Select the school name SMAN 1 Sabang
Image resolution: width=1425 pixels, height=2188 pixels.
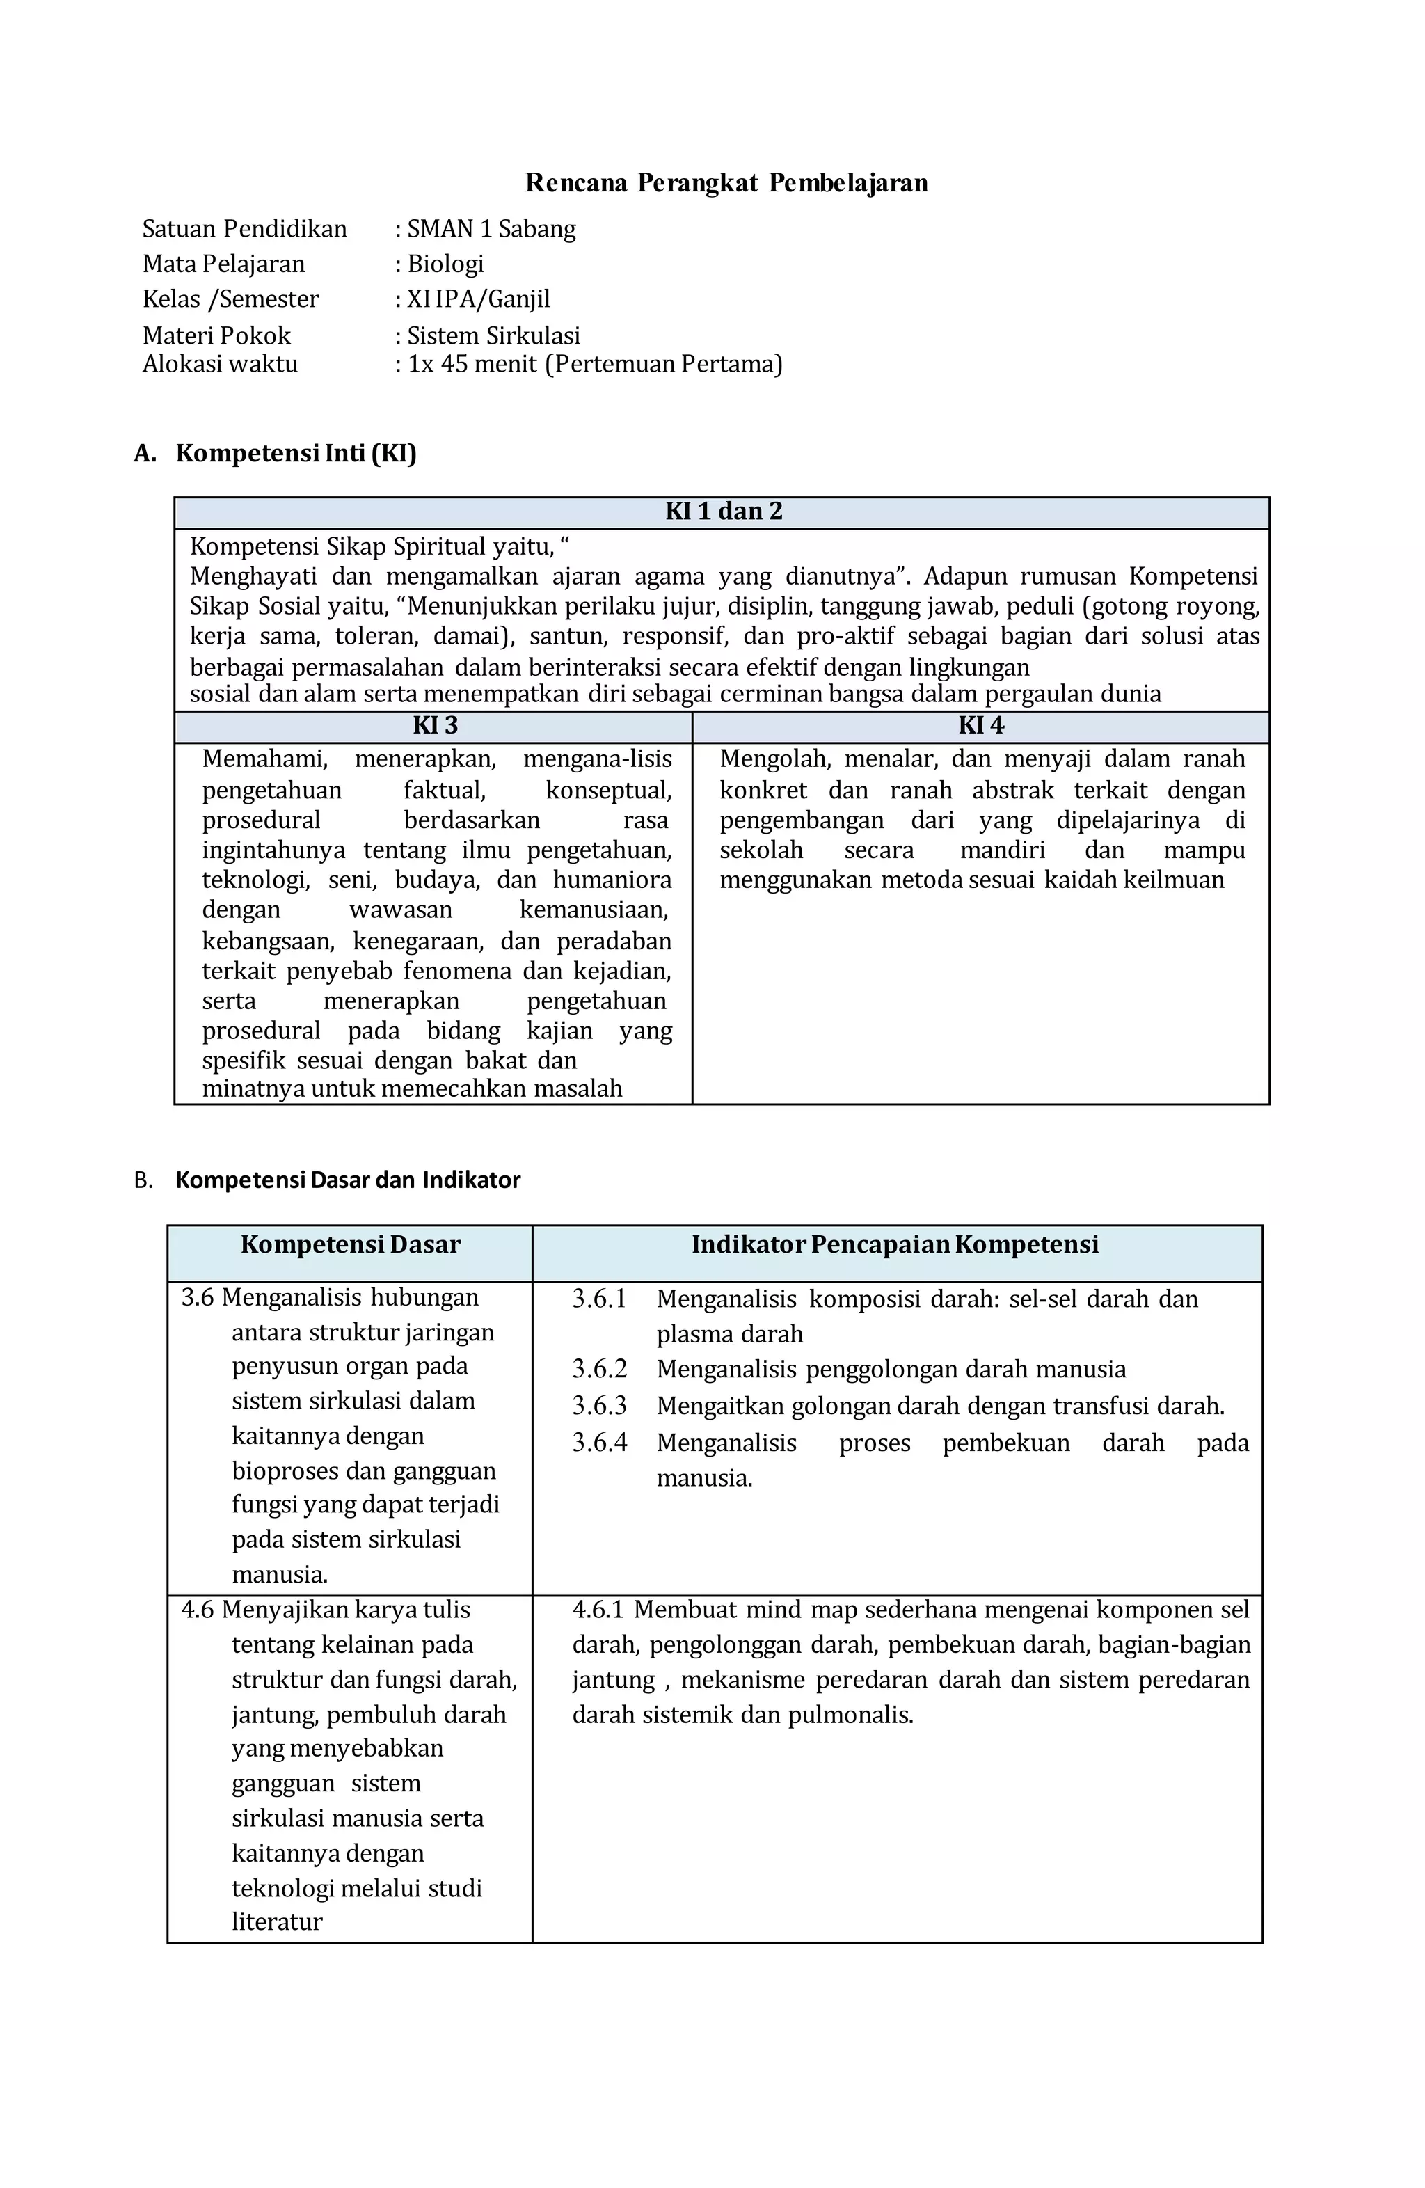coord(491,229)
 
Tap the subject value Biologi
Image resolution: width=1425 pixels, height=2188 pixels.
coord(445,264)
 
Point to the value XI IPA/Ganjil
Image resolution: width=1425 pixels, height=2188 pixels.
coord(478,299)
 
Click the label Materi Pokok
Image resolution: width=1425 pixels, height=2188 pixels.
coord(216,335)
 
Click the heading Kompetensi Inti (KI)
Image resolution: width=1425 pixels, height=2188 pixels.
coord(295,453)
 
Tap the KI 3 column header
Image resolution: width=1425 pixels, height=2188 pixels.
coord(435,725)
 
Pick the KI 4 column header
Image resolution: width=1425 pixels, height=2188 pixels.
coord(981,725)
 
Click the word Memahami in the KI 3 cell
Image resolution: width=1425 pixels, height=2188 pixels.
coord(264,759)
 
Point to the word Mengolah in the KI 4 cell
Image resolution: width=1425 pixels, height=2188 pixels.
coord(774,759)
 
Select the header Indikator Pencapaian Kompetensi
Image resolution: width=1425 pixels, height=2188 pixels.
coord(895,1245)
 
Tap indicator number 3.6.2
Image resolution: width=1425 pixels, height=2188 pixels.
coord(599,1369)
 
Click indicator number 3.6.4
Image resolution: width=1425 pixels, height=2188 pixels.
coord(599,1443)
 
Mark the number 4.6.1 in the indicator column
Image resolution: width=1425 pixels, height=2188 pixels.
coord(598,1610)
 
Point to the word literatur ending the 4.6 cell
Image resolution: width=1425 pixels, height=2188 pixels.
coord(277,1922)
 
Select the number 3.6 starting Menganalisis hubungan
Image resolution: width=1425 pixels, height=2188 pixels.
coord(197,1297)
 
